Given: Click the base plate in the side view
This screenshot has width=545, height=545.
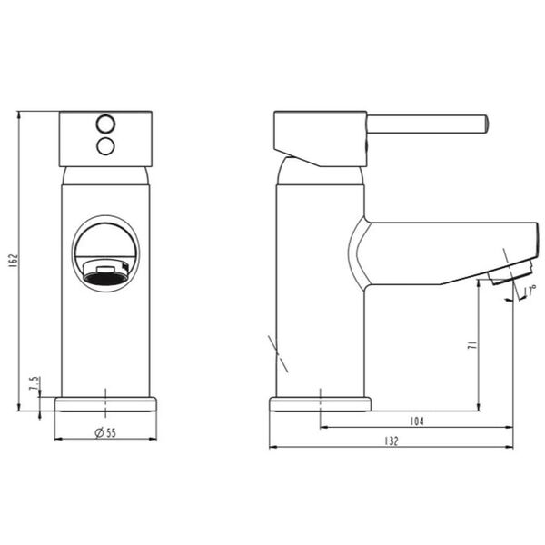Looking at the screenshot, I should coord(320,404).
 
